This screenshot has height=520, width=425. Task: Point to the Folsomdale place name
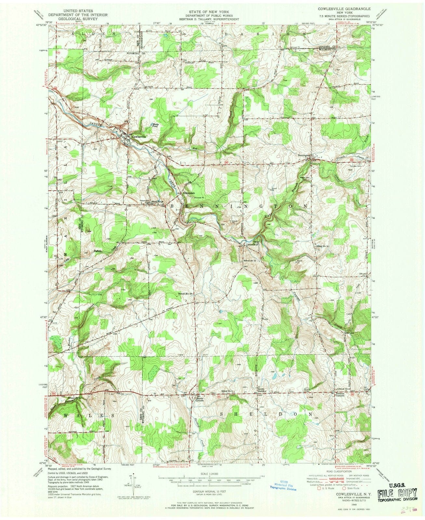click(189, 194)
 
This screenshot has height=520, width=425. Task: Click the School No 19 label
click(185, 294)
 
